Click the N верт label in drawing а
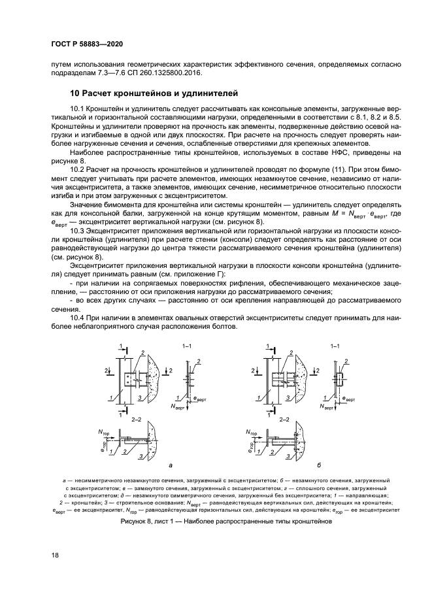coord(176,406)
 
